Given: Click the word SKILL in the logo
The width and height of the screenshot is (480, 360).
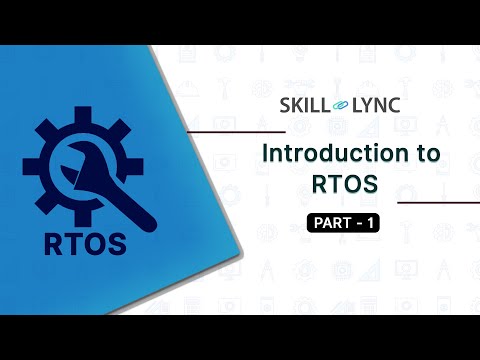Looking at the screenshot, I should pos(306,104).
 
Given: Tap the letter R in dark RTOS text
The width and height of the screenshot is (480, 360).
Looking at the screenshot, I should pos(54,242).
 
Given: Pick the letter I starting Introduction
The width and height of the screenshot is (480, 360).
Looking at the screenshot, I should pos(265,155).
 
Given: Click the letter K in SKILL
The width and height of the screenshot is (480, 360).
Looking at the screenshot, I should pos(298,104).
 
